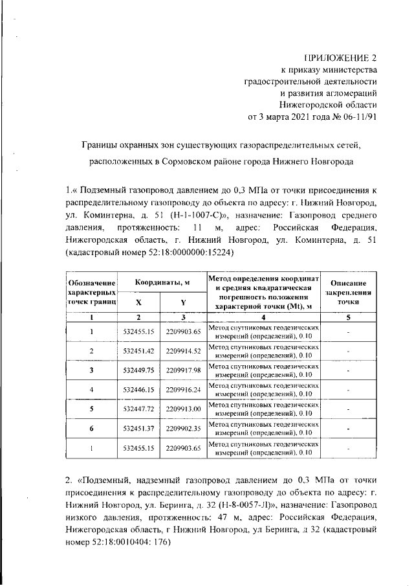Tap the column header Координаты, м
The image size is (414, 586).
162,283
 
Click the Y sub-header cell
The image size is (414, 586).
183,301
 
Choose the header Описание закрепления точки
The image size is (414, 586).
348,292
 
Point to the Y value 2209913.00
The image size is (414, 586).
184,409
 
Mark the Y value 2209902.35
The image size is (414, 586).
184,428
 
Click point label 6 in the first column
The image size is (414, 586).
91,428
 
